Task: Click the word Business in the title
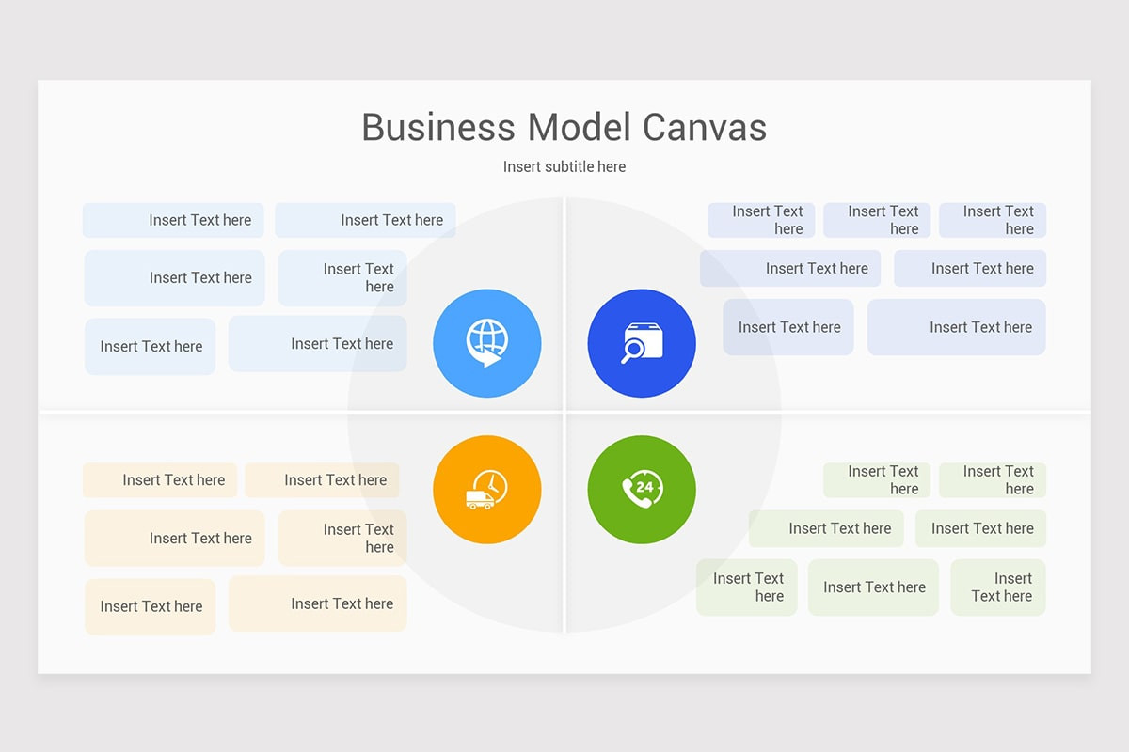438,128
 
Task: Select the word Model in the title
580,128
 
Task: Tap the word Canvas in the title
705,128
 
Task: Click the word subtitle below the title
564,166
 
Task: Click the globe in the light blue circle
487,337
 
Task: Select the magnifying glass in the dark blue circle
631,351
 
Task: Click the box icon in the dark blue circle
644,340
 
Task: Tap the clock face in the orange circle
491,486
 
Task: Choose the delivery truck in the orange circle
479,500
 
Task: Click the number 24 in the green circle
644,487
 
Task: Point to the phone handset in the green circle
632,494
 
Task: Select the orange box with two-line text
342,538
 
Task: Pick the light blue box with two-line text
342,278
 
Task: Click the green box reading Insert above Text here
998,587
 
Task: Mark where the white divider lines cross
564,413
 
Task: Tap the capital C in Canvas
655,128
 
